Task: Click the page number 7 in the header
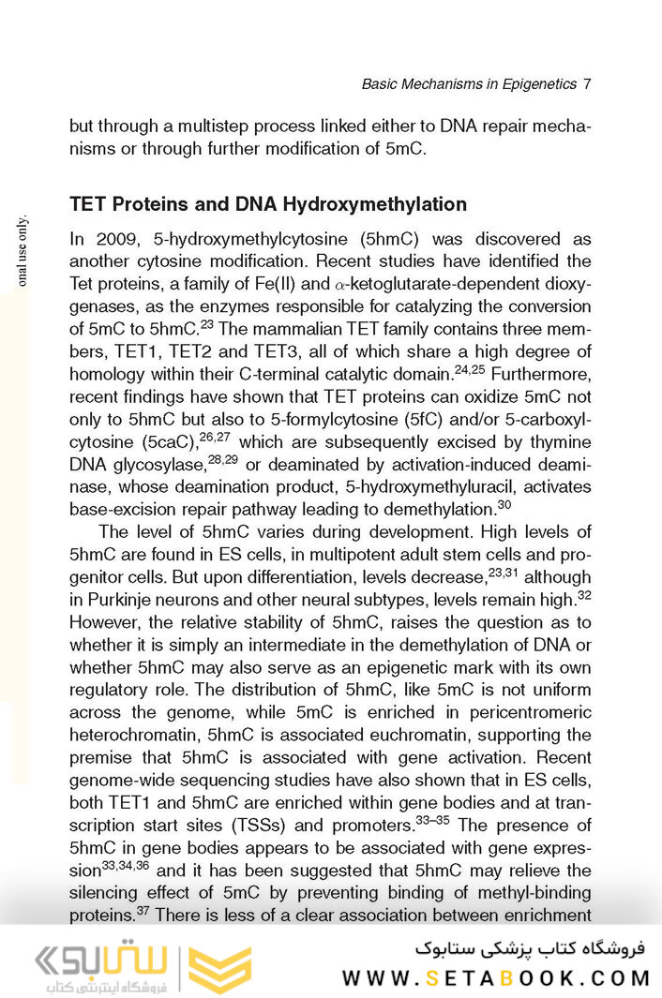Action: tap(587, 84)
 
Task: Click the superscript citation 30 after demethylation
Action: tap(504, 504)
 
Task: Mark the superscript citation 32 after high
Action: tap(583, 594)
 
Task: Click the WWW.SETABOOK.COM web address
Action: tap(496, 978)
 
